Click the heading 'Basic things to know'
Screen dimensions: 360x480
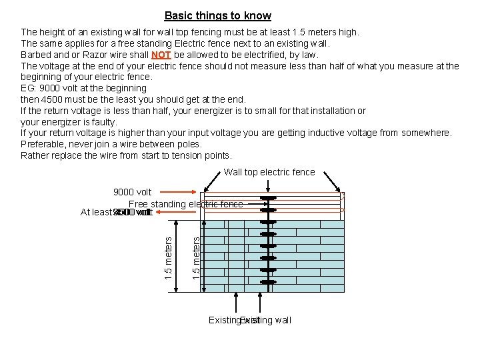(x=217, y=15)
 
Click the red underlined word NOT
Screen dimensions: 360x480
(x=161, y=55)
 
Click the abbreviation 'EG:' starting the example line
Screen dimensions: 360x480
(x=29, y=88)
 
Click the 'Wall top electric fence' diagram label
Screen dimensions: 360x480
(x=269, y=172)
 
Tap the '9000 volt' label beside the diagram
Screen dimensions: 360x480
(x=131, y=193)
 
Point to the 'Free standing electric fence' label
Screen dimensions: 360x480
(x=185, y=204)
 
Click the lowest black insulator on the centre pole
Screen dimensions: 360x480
(x=268, y=283)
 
